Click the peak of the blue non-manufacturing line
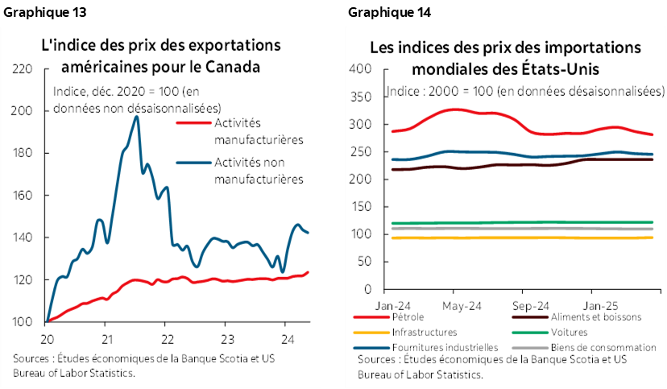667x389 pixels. tap(136, 117)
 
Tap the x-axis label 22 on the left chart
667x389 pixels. tap(165, 337)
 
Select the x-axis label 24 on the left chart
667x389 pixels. tap(286, 337)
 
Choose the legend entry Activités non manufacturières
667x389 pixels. tap(258, 171)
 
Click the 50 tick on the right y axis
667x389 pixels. tap(363, 262)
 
